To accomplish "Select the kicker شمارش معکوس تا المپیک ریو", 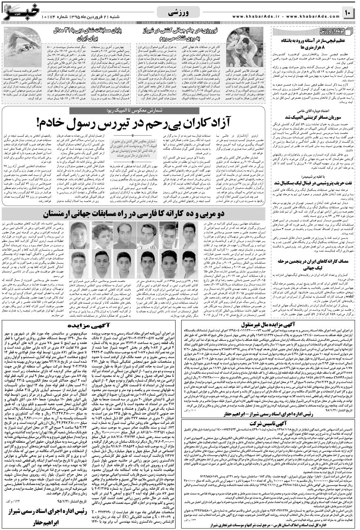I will coord(153,110).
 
